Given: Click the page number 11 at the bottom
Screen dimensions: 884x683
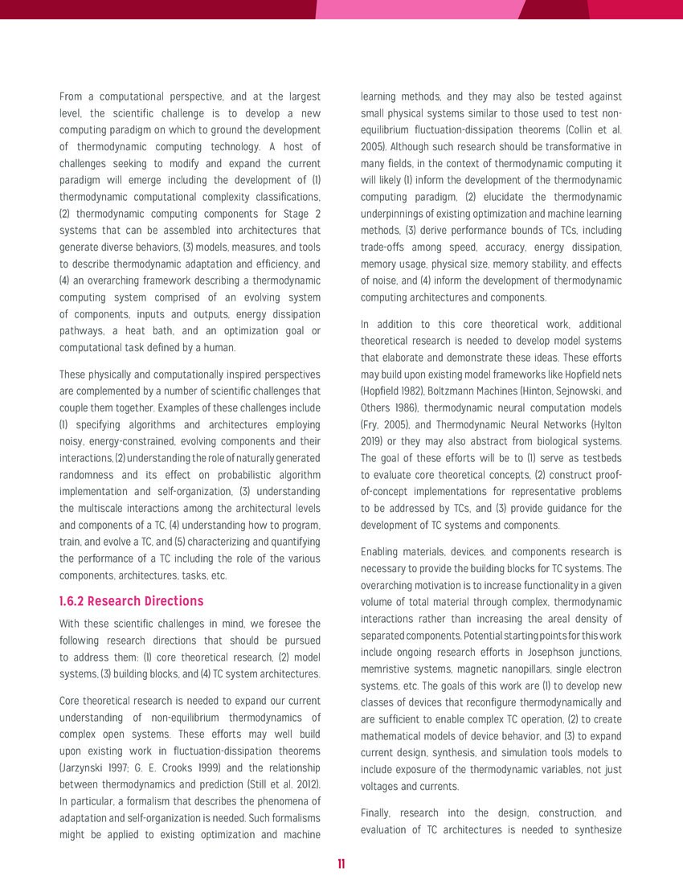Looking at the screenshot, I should [341, 864].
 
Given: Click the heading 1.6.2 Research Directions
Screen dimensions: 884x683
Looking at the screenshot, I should [132, 601].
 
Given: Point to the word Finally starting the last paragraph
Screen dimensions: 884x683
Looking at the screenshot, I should [378, 812].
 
